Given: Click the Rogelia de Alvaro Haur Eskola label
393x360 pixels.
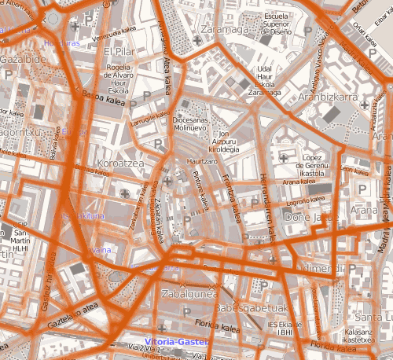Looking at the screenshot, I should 120,78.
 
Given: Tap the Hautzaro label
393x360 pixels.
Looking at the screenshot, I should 200,161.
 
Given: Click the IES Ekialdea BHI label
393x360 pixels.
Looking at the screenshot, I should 281,328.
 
